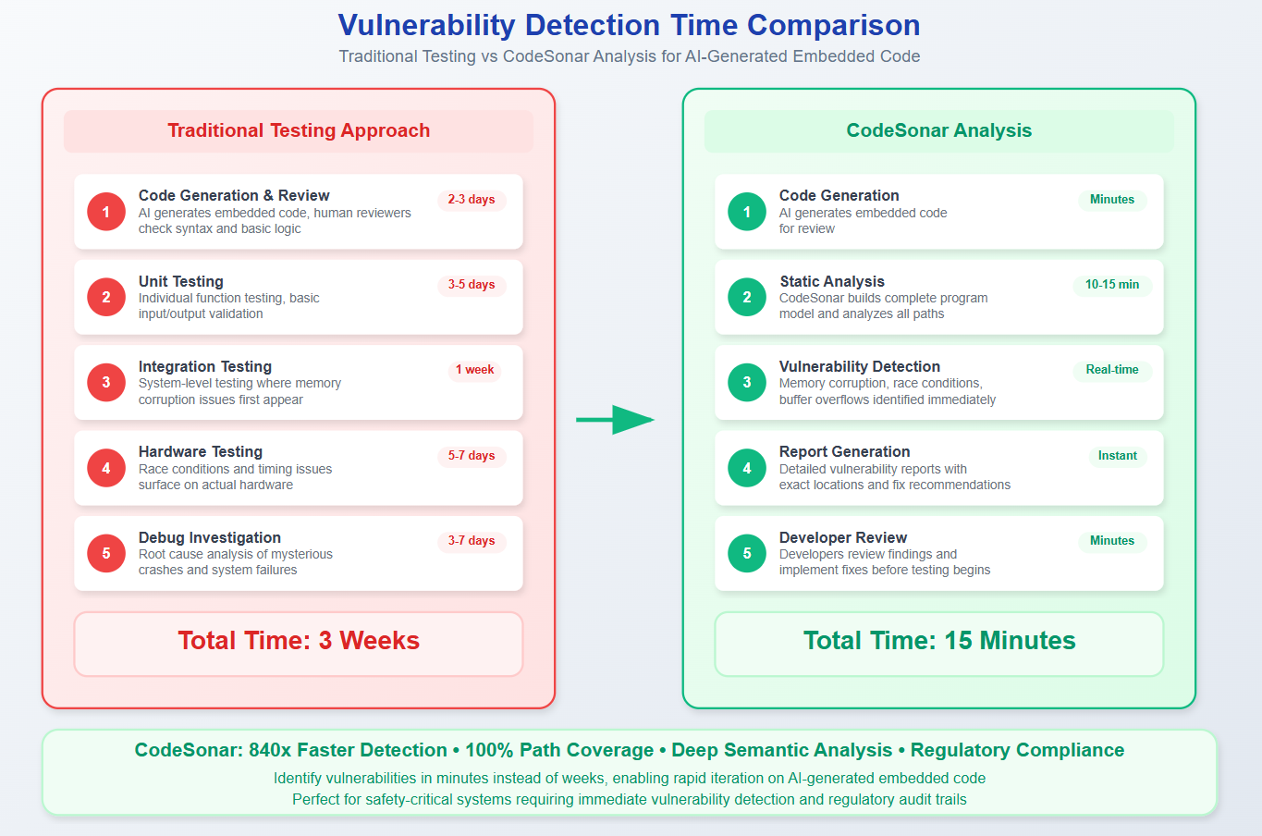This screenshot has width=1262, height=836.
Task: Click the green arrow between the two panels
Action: click(615, 420)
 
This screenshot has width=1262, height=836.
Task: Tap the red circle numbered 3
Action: click(106, 383)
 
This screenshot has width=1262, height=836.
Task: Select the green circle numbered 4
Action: click(747, 468)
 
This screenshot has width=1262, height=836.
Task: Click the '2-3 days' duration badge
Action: click(472, 200)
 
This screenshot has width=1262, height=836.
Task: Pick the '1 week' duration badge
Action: click(474, 370)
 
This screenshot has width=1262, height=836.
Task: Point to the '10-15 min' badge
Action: click(1112, 285)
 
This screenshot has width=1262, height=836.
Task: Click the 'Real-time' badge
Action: click(1112, 370)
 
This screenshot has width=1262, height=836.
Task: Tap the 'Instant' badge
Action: click(1117, 456)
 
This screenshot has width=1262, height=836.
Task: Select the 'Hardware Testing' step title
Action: click(201, 451)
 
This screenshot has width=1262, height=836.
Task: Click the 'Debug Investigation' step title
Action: click(210, 537)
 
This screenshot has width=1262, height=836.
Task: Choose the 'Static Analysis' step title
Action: click(832, 281)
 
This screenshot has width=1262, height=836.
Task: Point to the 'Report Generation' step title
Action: click(845, 451)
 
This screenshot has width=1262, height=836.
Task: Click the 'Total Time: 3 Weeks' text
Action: click(299, 641)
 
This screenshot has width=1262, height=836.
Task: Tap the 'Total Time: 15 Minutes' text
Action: click(939, 641)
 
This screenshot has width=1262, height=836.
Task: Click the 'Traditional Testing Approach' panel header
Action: click(299, 130)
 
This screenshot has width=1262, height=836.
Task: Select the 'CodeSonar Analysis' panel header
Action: click(939, 130)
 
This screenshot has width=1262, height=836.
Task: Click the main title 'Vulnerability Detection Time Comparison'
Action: click(629, 25)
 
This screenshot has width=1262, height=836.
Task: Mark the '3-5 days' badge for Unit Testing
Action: click(472, 285)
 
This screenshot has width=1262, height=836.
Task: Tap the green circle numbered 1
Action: click(747, 212)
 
